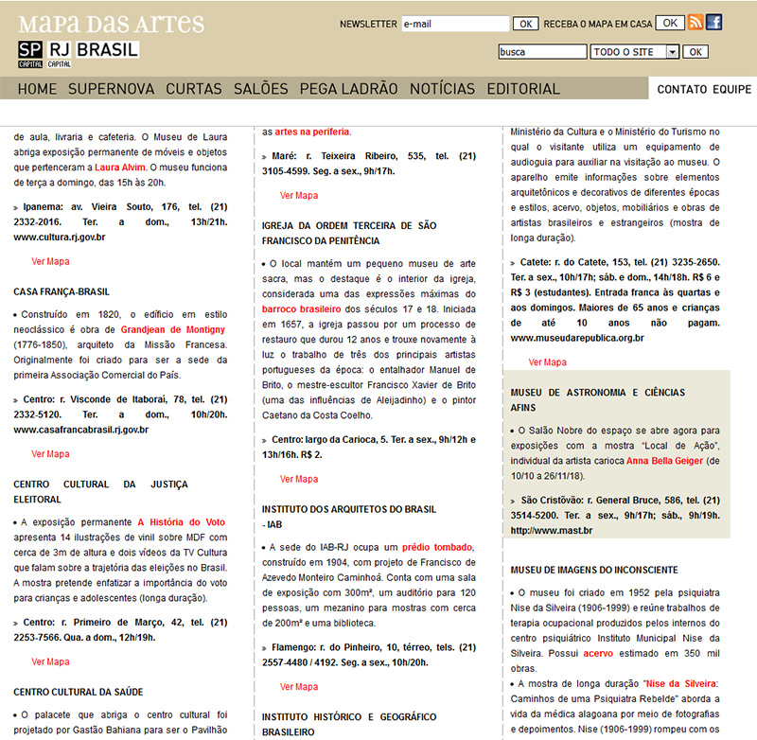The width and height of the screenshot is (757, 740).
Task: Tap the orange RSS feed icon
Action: coord(695,23)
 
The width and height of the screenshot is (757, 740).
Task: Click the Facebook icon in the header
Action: coord(714,23)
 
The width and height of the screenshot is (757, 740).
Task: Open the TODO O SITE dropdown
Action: coord(635,52)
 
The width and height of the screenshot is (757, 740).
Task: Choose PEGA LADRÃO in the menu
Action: coord(349,89)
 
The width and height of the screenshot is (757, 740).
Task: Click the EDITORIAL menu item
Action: coord(523,89)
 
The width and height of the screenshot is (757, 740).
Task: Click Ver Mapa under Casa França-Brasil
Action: coord(50,454)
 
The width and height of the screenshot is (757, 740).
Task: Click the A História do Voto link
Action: coord(182,521)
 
